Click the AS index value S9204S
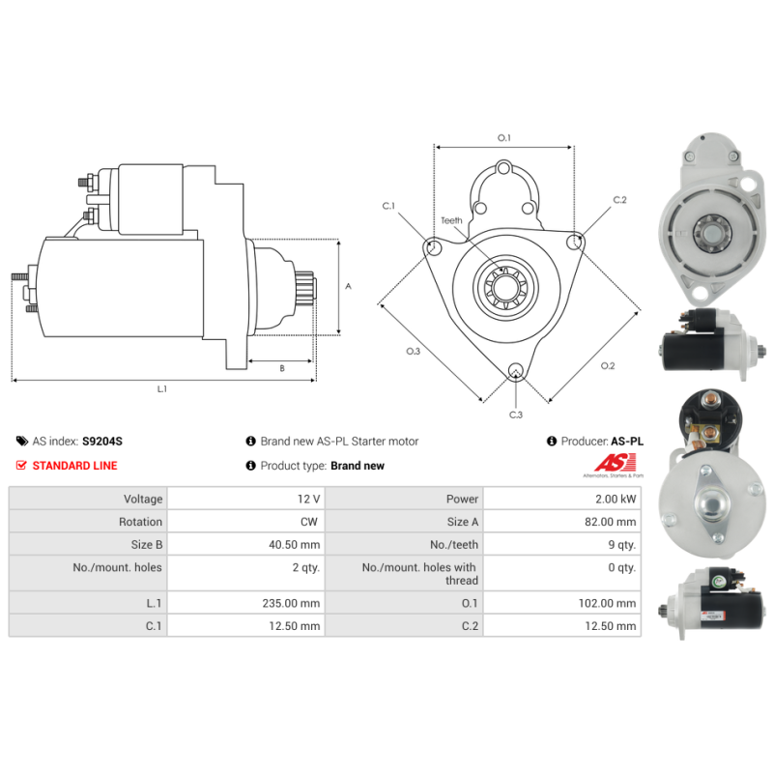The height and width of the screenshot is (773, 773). (x=102, y=442)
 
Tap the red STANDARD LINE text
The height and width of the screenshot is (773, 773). (x=75, y=466)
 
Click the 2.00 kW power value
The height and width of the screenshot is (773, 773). (x=616, y=499)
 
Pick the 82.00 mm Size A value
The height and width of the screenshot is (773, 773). (x=611, y=522)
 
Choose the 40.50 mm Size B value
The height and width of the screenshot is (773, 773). (x=295, y=545)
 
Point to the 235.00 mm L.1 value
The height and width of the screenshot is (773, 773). (x=291, y=603)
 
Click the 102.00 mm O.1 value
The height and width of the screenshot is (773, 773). (x=607, y=603)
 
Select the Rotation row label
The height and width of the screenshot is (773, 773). (x=140, y=522)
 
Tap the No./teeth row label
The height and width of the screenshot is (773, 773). (x=454, y=545)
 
